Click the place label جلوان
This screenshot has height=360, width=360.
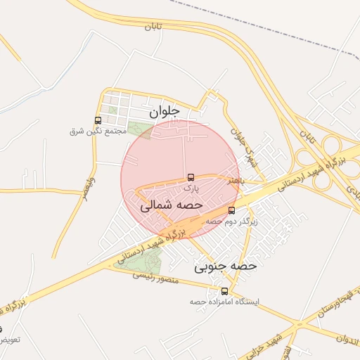165,111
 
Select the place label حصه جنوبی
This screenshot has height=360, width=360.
226,266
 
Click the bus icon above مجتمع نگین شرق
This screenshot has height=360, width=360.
98,120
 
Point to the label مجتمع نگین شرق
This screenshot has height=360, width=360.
98,131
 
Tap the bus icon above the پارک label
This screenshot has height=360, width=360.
191,177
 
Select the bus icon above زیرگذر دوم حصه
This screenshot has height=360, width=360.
232,210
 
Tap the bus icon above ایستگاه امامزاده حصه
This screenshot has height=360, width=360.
225,291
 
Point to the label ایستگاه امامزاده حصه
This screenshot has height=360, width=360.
224,302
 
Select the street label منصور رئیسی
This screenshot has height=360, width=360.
156,278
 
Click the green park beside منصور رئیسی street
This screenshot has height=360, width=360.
141,261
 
